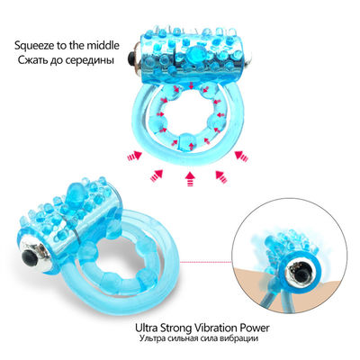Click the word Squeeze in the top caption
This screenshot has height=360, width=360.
(x=34, y=46)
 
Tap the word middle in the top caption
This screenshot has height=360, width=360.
(x=103, y=46)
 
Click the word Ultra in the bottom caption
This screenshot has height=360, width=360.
(x=146, y=328)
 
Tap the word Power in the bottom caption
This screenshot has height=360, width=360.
(x=252, y=328)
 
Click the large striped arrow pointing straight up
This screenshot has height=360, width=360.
(x=189, y=178)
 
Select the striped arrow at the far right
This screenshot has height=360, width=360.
(x=241, y=156)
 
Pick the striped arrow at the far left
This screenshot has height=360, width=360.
(x=134, y=156)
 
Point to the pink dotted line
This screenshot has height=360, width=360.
(x=206, y=262)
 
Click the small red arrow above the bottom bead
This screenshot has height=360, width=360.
(x=190, y=146)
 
